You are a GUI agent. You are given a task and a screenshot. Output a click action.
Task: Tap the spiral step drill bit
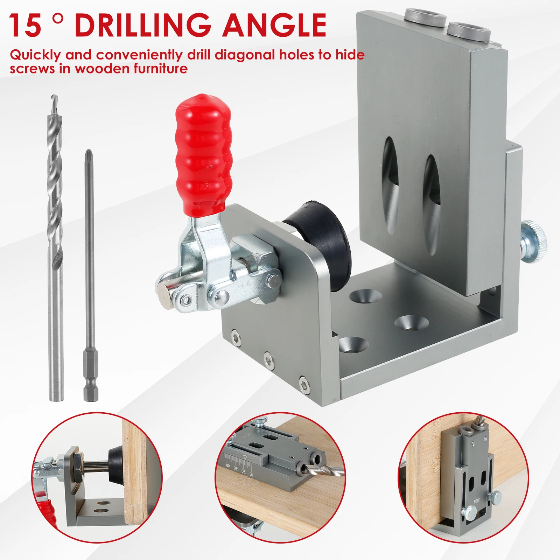tap(55, 210)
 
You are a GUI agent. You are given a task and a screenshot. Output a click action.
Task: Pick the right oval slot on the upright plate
tap(431, 203)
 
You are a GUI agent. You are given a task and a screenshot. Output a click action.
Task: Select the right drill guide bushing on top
tap(468, 29)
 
